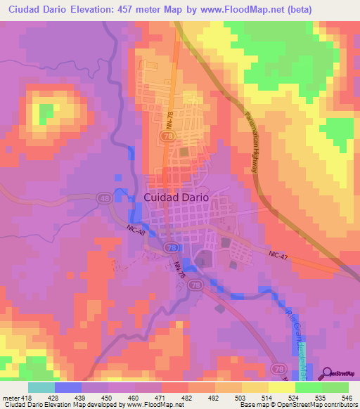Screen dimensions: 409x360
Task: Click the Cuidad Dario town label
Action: coord(176,197)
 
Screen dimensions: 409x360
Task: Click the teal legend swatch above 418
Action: coord(41,387)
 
